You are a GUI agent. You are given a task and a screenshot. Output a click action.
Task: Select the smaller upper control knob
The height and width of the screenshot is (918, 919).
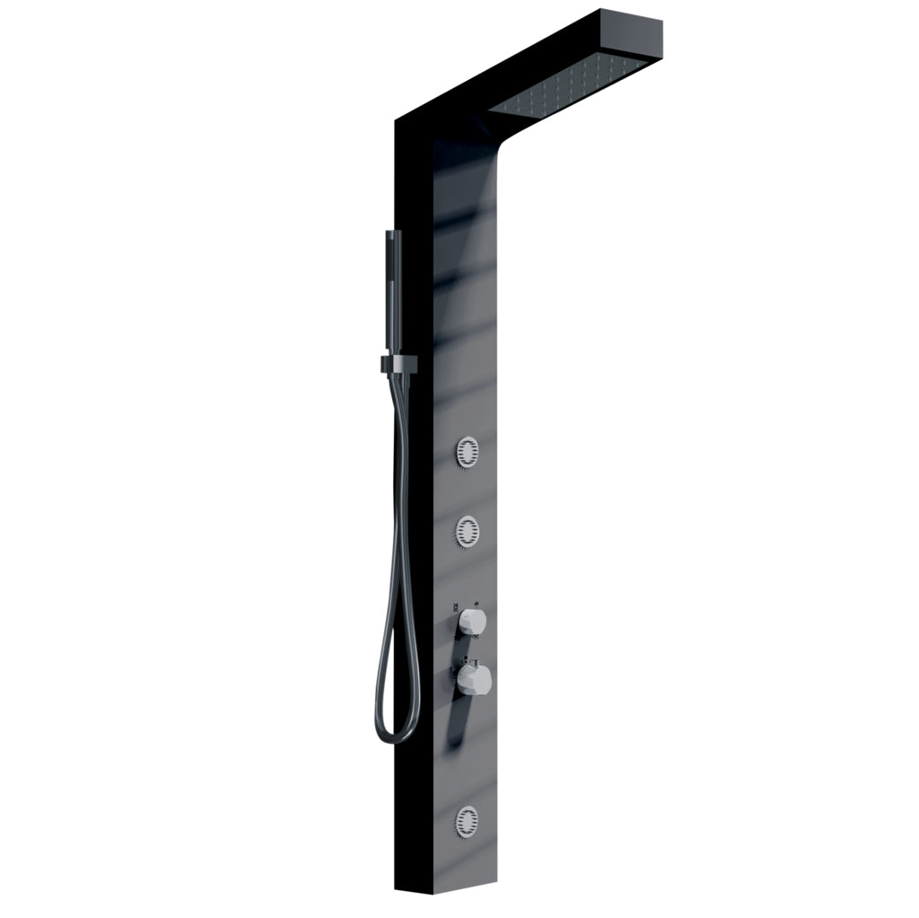472,620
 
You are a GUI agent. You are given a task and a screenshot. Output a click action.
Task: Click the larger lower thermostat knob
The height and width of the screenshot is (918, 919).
474,680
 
